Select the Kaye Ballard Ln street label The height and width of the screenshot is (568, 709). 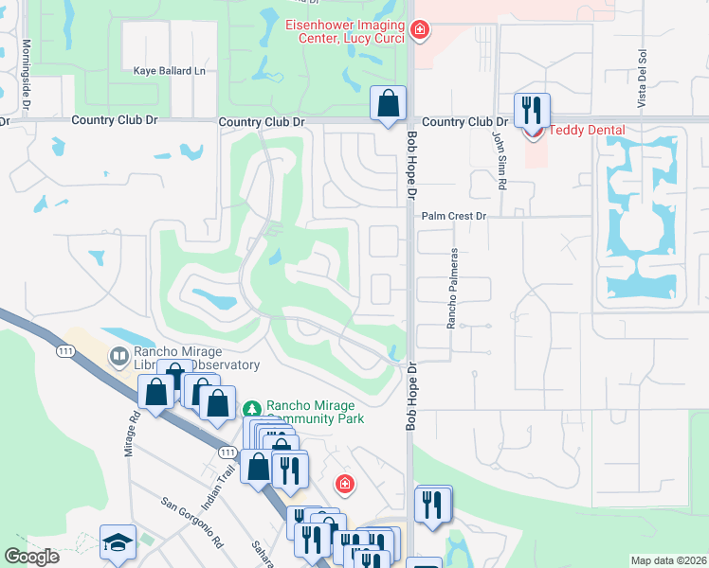170,71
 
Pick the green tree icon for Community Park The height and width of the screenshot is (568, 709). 251,408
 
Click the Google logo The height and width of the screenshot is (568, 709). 32,557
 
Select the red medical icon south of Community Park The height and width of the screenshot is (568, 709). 346,485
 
